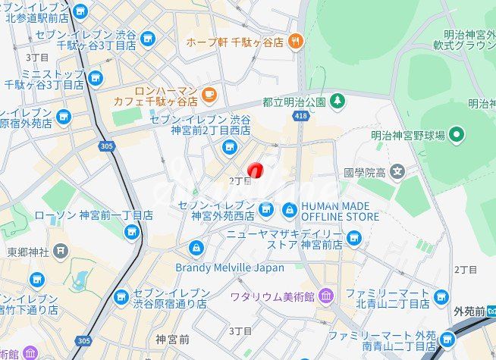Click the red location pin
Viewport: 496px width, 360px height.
256,171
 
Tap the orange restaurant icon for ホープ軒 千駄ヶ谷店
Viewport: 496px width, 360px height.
295,42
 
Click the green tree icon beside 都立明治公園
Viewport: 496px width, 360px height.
336,101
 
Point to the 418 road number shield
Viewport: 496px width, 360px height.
303,115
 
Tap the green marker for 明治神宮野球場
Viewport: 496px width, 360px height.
456,136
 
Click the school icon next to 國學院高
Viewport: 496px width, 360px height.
397,172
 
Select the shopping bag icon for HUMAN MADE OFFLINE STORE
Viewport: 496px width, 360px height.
289,209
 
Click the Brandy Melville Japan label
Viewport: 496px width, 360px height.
230,268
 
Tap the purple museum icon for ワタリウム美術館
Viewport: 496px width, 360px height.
325,294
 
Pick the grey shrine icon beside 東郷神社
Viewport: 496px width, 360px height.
61,251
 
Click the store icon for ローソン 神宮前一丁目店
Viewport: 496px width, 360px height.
132,231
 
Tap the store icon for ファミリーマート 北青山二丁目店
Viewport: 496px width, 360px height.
442,297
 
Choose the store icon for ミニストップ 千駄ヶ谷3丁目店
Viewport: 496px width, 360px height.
95,78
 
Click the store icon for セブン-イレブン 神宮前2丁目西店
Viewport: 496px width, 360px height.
229,146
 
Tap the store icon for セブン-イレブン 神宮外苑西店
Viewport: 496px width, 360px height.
265,209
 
